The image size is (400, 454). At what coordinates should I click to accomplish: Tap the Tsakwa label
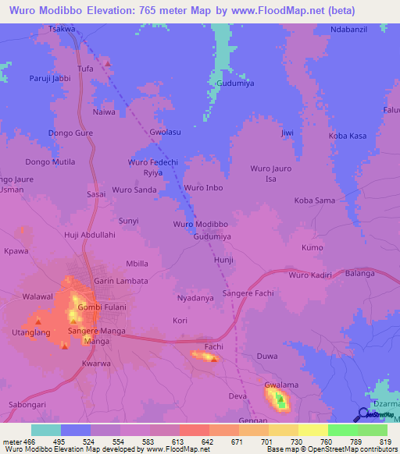(62, 29)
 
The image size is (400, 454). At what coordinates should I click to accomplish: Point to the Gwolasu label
(165, 132)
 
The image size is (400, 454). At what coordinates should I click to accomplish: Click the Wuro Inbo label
(204, 188)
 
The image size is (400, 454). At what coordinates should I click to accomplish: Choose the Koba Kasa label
(348, 136)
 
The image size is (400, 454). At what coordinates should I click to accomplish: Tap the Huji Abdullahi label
(89, 235)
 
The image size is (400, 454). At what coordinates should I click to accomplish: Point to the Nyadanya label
(195, 298)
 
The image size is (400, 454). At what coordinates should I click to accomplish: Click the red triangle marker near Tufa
(107, 61)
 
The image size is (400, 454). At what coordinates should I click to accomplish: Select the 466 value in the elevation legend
(28, 442)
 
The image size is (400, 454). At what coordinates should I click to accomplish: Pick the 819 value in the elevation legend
(385, 442)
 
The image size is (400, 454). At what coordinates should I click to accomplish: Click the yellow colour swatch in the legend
(312, 430)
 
